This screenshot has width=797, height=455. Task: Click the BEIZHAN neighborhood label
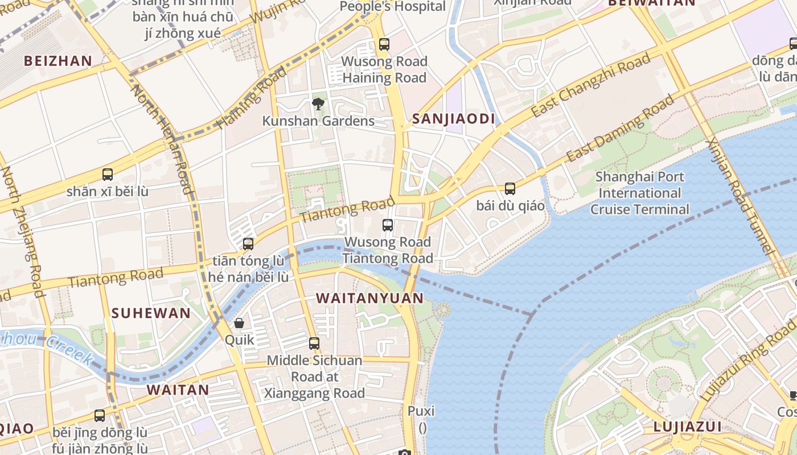[x=57, y=61]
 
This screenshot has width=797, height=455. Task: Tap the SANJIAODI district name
[x=454, y=119]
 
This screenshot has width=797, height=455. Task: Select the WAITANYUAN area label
[x=369, y=298]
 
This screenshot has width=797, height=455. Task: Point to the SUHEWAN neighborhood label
[x=151, y=313]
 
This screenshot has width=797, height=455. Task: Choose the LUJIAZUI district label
[x=687, y=427]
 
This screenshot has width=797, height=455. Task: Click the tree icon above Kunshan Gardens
[x=318, y=104]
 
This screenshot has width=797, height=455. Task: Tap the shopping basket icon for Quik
[x=239, y=323]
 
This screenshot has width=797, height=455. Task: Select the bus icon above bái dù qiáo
[x=510, y=188]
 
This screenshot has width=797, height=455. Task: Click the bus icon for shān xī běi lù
[x=108, y=175]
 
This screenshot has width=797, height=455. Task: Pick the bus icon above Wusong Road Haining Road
[x=384, y=44]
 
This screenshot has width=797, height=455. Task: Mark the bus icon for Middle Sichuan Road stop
[x=314, y=344]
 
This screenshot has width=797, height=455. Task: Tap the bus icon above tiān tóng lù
[x=248, y=244]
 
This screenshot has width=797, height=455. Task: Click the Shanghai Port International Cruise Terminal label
[x=639, y=193]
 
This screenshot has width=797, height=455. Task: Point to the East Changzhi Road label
[x=590, y=85]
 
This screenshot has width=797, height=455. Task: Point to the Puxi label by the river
[x=421, y=411]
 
